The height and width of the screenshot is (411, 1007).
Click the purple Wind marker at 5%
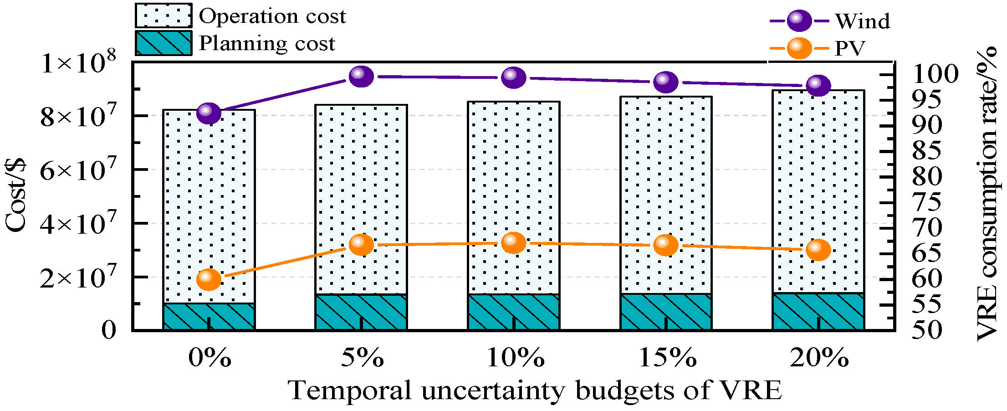tap(361, 77)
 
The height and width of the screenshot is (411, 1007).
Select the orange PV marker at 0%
tap(209, 279)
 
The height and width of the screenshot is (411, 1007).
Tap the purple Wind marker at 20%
tap(818, 86)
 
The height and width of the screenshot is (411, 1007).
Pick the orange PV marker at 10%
tap(514, 243)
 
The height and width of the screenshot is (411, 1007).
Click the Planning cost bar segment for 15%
tap(666, 312)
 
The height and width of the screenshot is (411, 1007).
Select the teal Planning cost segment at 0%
tap(209, 316)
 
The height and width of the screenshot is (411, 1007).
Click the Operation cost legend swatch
tap(164, 15)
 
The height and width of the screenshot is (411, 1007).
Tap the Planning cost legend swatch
tap(164, 43)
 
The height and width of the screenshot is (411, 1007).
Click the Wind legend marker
tap(799, 21)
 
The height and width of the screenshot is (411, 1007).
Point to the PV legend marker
tap(799, 48)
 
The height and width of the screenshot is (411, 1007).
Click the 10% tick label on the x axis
tap(516, 357)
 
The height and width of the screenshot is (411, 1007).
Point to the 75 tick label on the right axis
tap(926, 202)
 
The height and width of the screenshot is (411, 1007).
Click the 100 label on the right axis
tap(935, 74)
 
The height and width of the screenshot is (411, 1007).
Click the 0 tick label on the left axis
tap(109, 329)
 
